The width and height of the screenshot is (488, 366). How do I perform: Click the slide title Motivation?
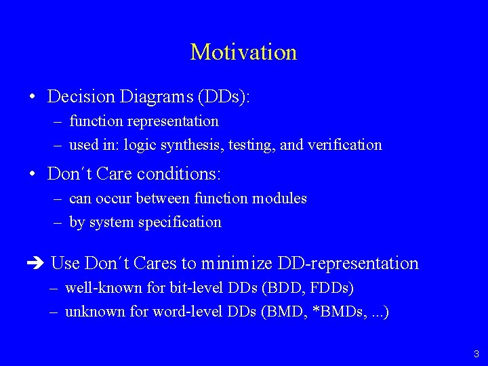(243, 52)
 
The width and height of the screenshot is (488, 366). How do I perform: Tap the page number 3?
(476, 353)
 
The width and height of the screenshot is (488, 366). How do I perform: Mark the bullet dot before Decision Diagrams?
(32, 98)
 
